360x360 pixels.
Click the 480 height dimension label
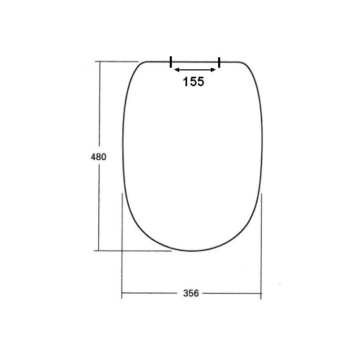coord(98,157)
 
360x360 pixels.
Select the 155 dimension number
coord(193,81)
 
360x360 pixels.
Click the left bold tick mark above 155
coord(171,62)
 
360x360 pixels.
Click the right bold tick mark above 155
coord(219,62)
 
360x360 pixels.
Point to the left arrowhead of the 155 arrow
coord(175,70)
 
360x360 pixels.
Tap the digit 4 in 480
coord(94,157)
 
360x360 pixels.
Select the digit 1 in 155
coord(186,81)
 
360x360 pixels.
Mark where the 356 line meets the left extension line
coord(122,293)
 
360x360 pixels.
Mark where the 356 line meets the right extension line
coord(261,293)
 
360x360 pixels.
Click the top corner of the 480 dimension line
coord(98,62)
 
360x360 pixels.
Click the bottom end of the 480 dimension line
coord(98,250)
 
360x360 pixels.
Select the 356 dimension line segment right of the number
coord(231,293)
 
